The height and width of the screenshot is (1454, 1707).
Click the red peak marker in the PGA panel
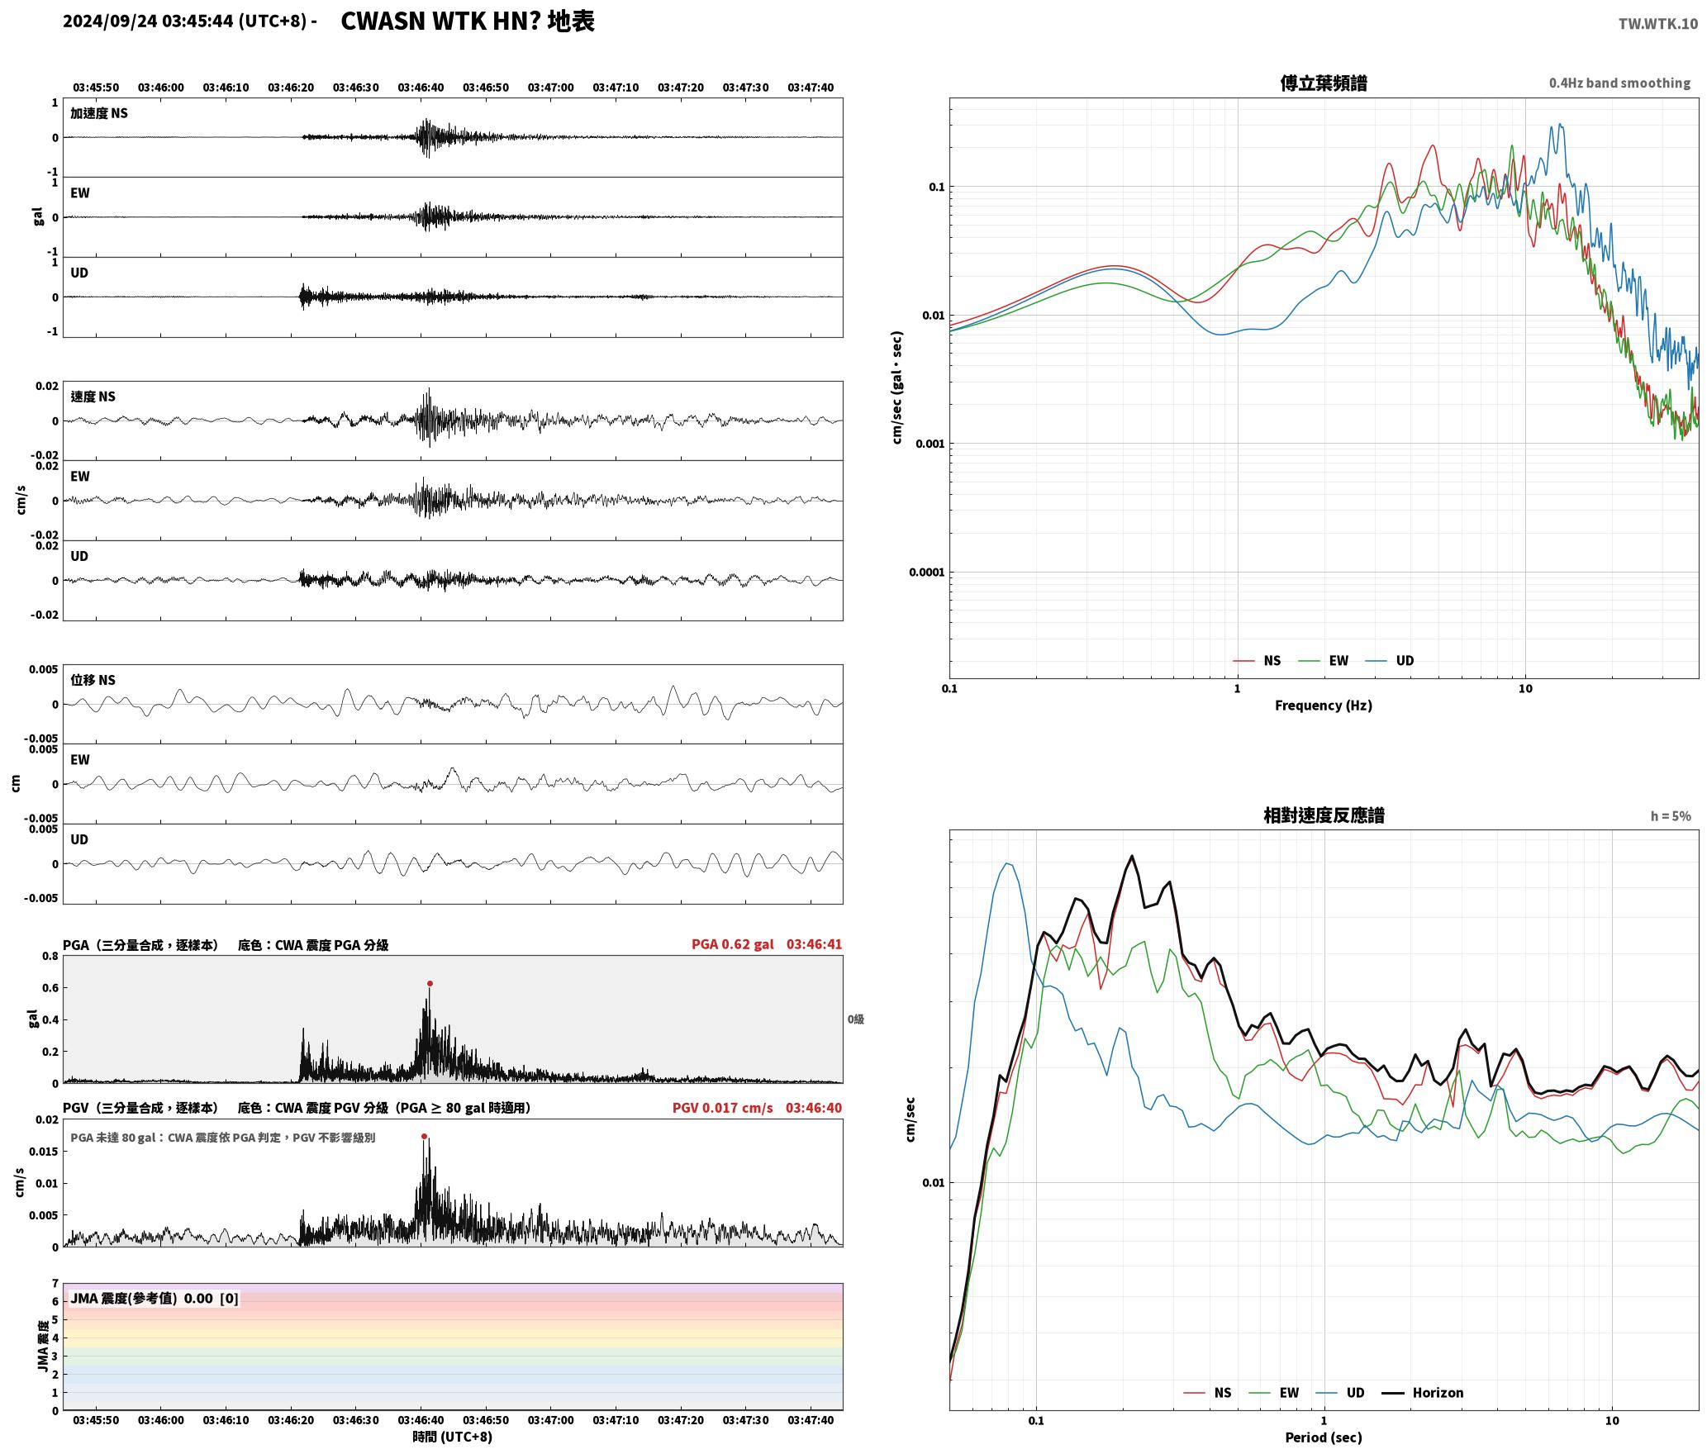430,983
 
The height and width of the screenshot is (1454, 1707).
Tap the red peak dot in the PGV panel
425,1136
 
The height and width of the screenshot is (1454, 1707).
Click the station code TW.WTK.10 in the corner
1657,24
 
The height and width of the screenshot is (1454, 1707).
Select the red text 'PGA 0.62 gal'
733,943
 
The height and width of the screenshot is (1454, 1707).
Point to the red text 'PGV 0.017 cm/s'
723,1107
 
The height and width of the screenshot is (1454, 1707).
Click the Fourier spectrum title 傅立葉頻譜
1324,83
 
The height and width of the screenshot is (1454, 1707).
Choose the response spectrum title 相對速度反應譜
1324,815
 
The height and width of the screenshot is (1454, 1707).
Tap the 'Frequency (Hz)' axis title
1324,705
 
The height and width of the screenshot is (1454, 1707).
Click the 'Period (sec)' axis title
1324,1437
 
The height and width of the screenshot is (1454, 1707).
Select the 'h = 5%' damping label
1671,816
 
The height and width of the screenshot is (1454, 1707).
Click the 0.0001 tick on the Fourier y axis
927,572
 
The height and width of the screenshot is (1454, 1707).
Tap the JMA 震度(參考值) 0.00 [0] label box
155,1298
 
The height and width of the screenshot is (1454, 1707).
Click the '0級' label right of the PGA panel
856,1019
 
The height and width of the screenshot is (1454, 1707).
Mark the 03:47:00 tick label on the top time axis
550,87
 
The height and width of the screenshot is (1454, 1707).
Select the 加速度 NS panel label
99,113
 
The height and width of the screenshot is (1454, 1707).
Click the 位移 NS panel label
93,680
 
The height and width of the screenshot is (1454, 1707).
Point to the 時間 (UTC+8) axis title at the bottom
453,1437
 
